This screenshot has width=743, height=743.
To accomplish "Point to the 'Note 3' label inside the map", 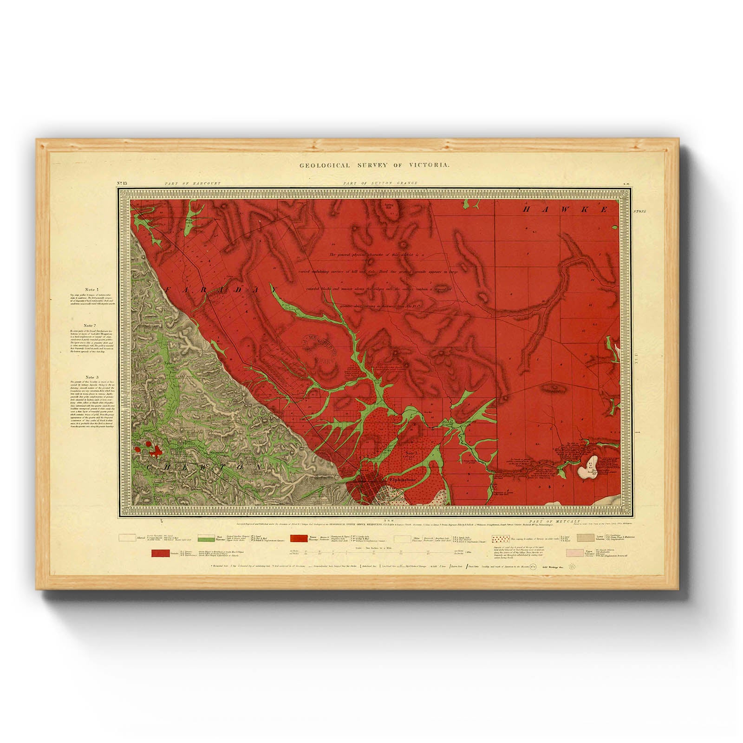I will coord(412,452).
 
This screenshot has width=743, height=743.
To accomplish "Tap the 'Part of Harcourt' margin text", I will coord(192,183).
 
